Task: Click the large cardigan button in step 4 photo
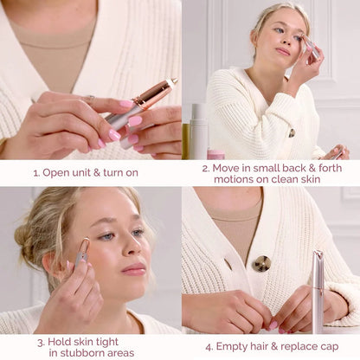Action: (x=261, y=263)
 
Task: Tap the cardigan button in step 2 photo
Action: (x=292, y=132)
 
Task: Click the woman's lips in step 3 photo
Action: (x=134, y=269)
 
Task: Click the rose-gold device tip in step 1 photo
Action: (x=170, y=84)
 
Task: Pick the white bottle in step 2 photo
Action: (x=198, y=131)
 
